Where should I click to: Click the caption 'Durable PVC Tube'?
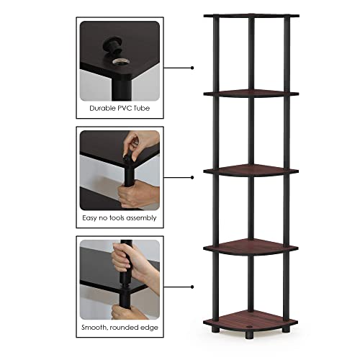click(119, 109)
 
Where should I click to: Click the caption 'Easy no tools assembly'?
click(119, 217)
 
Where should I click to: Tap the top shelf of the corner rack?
click(251, 14)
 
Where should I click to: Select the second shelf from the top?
click(251, 93)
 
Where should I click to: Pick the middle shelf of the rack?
click(251, 171)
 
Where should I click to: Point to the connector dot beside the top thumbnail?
click(192, 68)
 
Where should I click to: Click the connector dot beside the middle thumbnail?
click(192, 176)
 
